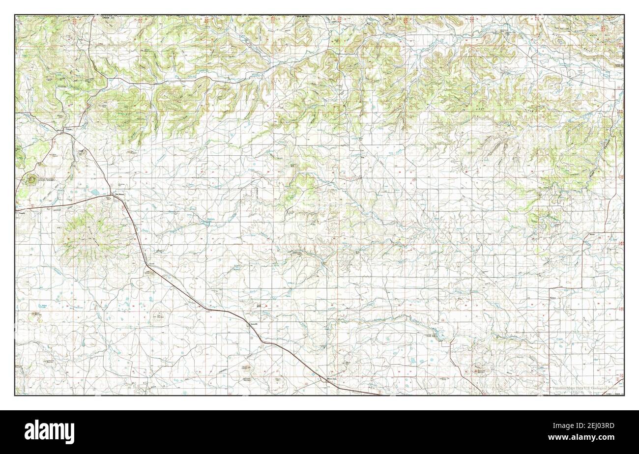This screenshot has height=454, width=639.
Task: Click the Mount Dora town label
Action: [x=332, y=379]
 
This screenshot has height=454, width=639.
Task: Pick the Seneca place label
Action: [x=555, y=298]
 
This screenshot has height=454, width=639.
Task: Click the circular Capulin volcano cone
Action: [x=31, y=179]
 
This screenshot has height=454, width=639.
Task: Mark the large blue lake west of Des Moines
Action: [x=92, y=193]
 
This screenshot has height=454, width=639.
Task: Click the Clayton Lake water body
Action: [x=438, y=335]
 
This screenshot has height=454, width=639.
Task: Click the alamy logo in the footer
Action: [x=49, y=431]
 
